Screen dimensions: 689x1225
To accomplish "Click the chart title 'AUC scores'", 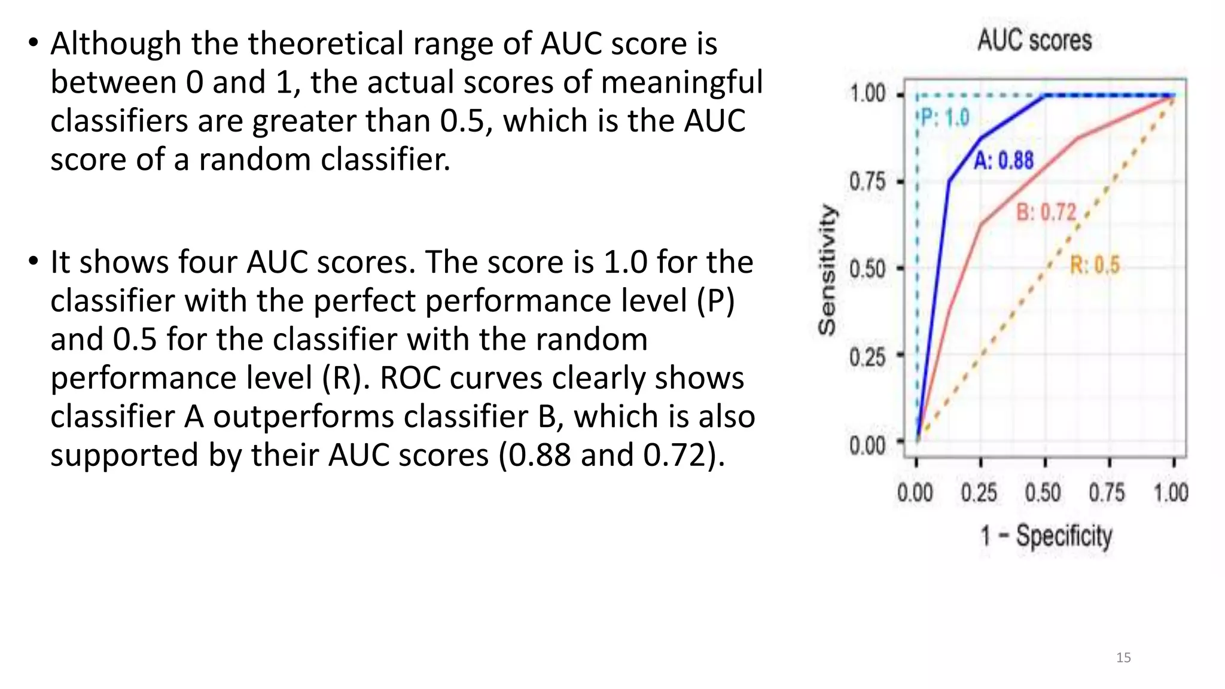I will [1034, 41].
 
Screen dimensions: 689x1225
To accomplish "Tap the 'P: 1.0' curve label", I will [944, 118].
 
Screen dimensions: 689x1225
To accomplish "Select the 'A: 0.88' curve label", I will [1004, 160].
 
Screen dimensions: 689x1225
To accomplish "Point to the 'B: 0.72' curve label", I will [1046, 212].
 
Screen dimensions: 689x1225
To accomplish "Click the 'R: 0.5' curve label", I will [1094, 265].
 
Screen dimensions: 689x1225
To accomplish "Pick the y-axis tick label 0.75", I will [867, 181].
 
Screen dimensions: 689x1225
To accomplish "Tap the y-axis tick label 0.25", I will [867, 357].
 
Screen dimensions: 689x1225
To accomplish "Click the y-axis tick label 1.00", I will [867, 94].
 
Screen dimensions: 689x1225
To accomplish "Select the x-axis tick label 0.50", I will [1043, 493].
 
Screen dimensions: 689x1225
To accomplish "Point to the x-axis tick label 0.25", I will [979, 493].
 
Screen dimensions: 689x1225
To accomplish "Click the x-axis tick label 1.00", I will [1171, 493].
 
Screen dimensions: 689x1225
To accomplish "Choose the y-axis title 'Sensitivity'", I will [827, 269].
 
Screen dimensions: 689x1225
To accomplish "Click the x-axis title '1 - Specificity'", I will [1046, 536].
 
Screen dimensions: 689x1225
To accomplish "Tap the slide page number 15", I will [1123, 658].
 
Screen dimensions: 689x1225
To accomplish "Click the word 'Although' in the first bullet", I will [115, 44].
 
